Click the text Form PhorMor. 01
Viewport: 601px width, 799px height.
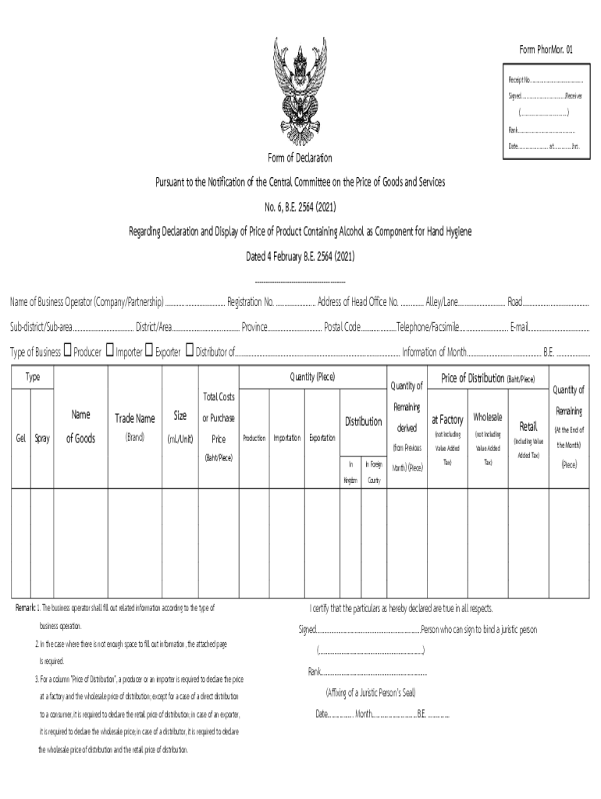(546, 49)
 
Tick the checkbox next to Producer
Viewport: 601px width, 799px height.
(67, 351)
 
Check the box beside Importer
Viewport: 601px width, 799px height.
(110, 351)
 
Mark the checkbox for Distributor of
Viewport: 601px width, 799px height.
(189, 351)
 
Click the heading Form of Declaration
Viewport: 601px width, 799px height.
(300, 158)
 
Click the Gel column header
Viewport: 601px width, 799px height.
(20, 438)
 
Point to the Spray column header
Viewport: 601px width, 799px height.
(42, 438)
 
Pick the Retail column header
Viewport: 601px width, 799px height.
(528, 427)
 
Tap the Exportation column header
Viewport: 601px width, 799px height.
(322, 438)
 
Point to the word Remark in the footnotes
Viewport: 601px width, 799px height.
(25, 608)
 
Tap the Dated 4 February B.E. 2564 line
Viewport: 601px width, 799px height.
(300, 256)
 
